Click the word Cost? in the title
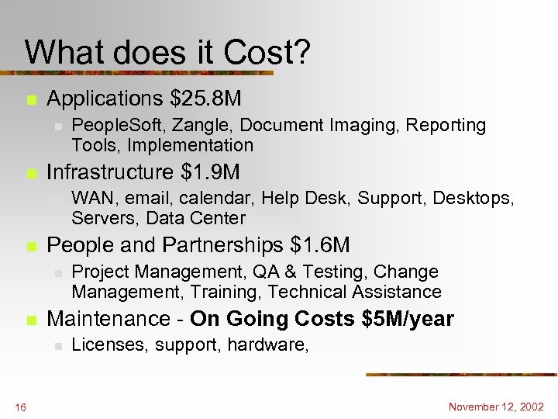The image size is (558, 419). (x=267, y=53)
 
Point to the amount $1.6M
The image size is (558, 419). (x=320, y=245)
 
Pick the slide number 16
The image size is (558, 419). (x=19, y=407)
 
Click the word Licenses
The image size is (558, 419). (x=104, y=345)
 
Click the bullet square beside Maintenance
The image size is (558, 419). (x=30, y=320)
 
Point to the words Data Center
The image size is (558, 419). (x=195, y=218)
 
